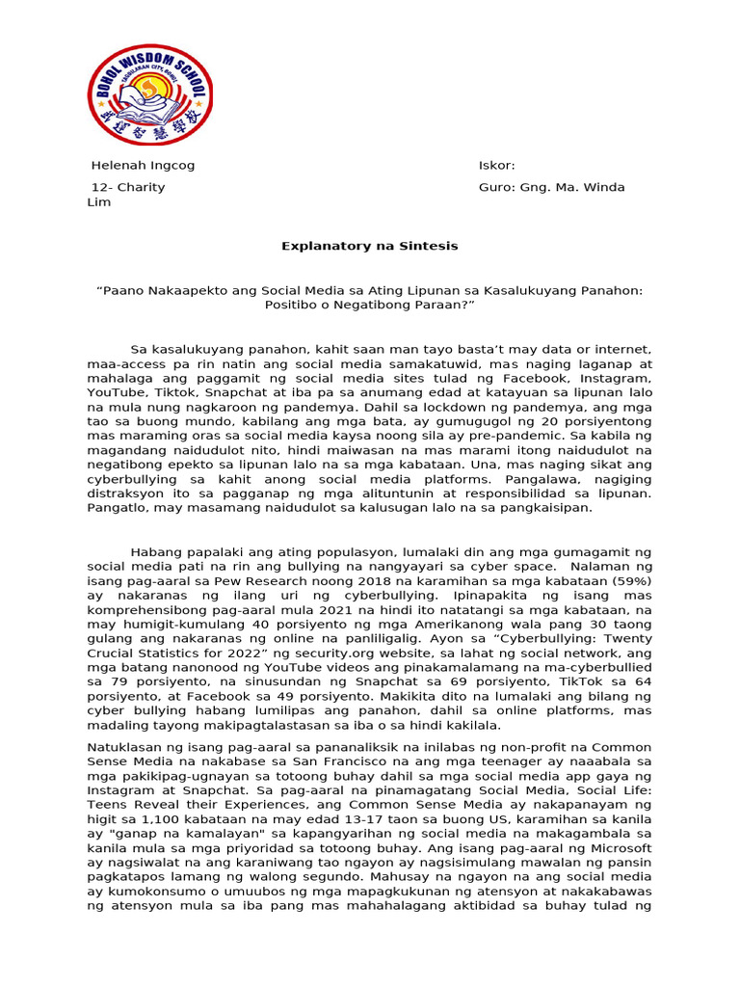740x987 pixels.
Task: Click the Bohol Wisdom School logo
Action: [150, 94]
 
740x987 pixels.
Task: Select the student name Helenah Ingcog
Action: [143, 165]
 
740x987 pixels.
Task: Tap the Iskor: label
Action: [497, 165]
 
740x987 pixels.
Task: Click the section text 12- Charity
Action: [128, 187]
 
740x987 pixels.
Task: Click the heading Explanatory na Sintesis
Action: [370, 246]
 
